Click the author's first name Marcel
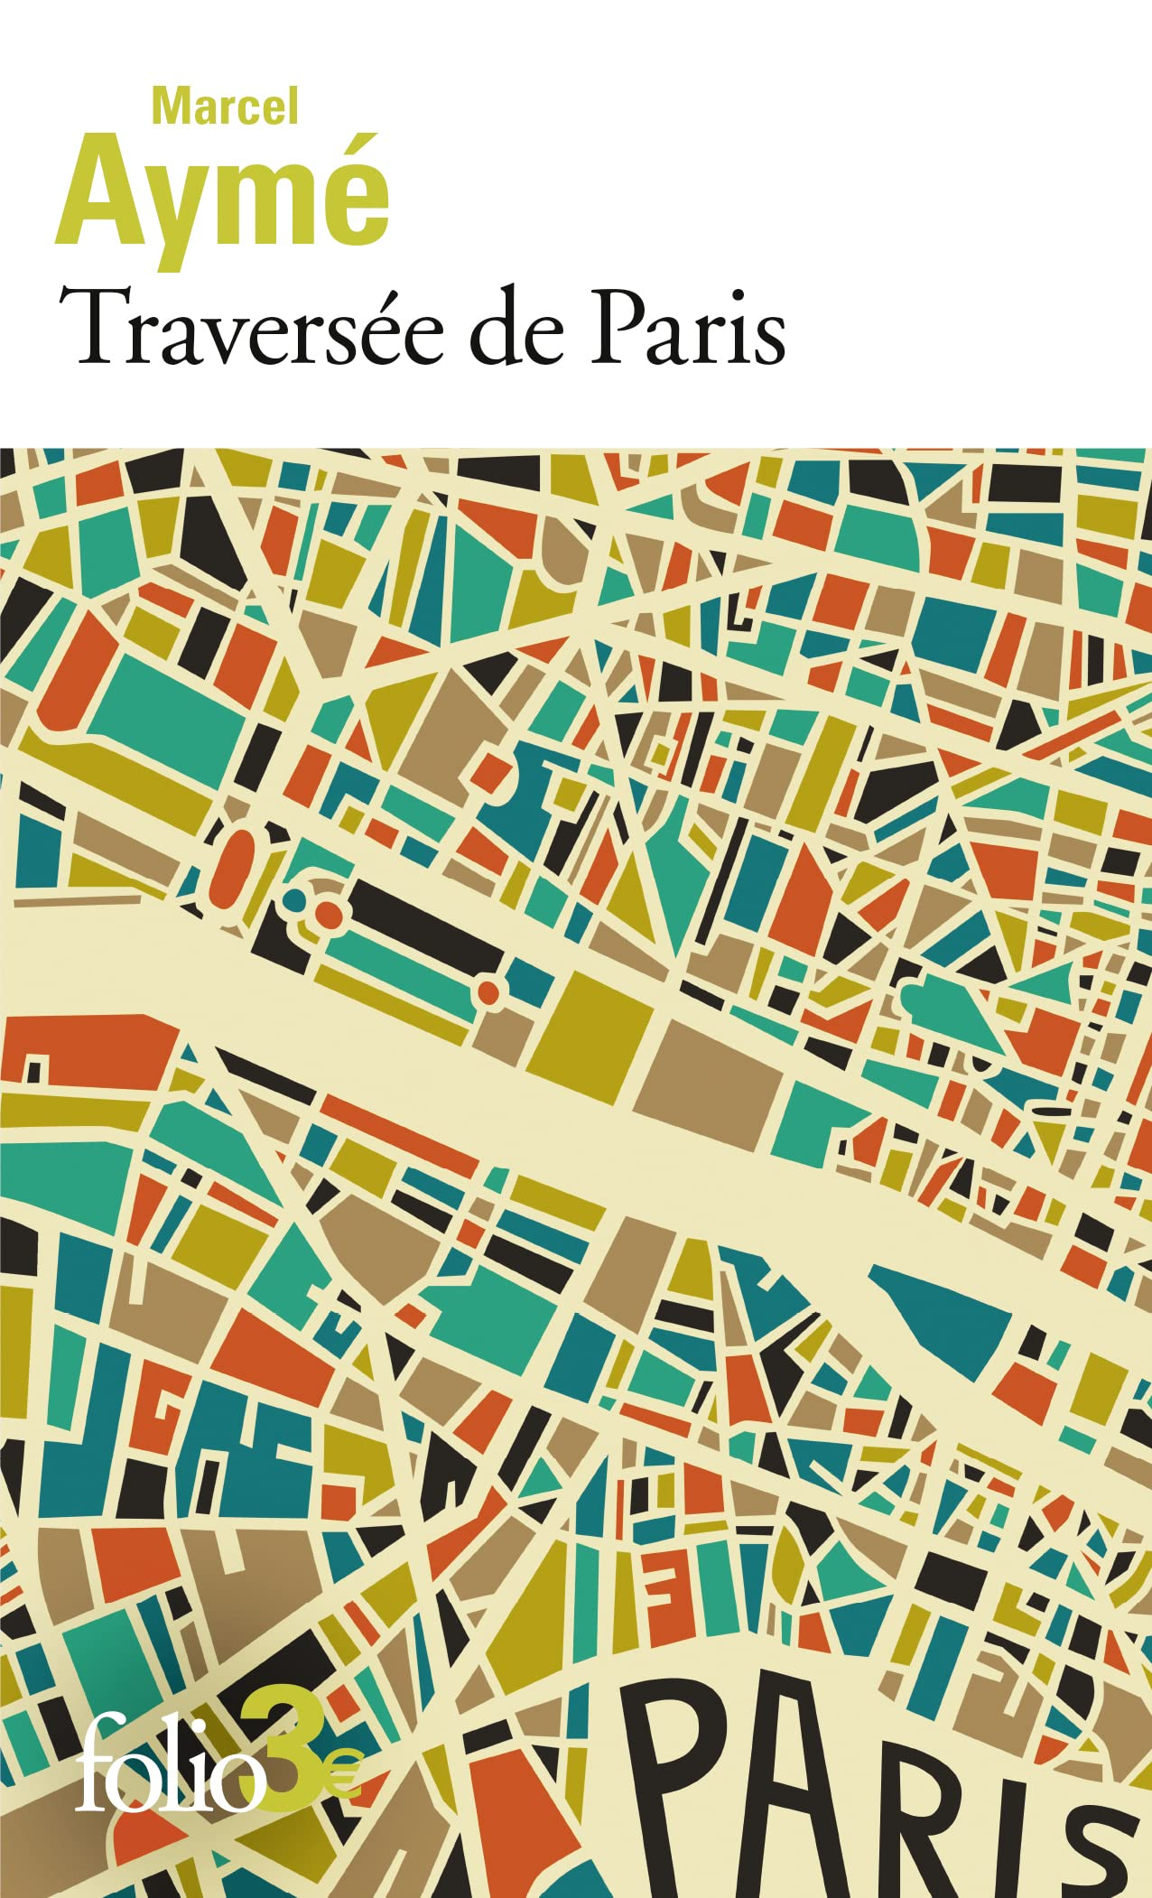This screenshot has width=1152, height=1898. coord(225,107)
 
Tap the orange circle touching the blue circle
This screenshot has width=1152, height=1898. coord(329,914)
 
